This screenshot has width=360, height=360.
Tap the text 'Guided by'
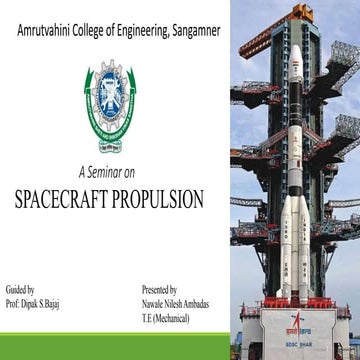[21, 287]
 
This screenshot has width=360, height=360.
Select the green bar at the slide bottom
[115, 353]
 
